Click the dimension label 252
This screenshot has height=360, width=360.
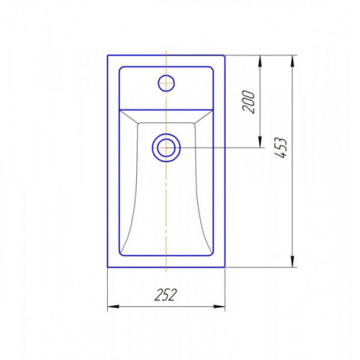[x=166, y=294]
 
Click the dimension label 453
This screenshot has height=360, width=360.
[x=281, y=148]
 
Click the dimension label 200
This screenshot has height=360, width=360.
[x=248, y=102]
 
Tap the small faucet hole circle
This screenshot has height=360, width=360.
[x=166, y=83]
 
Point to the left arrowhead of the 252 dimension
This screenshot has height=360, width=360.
[x=113, y=307]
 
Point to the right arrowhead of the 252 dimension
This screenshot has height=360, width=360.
[x=219, y=307]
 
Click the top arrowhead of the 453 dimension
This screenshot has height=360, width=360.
[x=292, y=61]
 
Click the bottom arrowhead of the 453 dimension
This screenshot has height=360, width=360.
[x=292, y=261]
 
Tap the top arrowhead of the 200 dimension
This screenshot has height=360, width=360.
[x=260, y=61]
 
